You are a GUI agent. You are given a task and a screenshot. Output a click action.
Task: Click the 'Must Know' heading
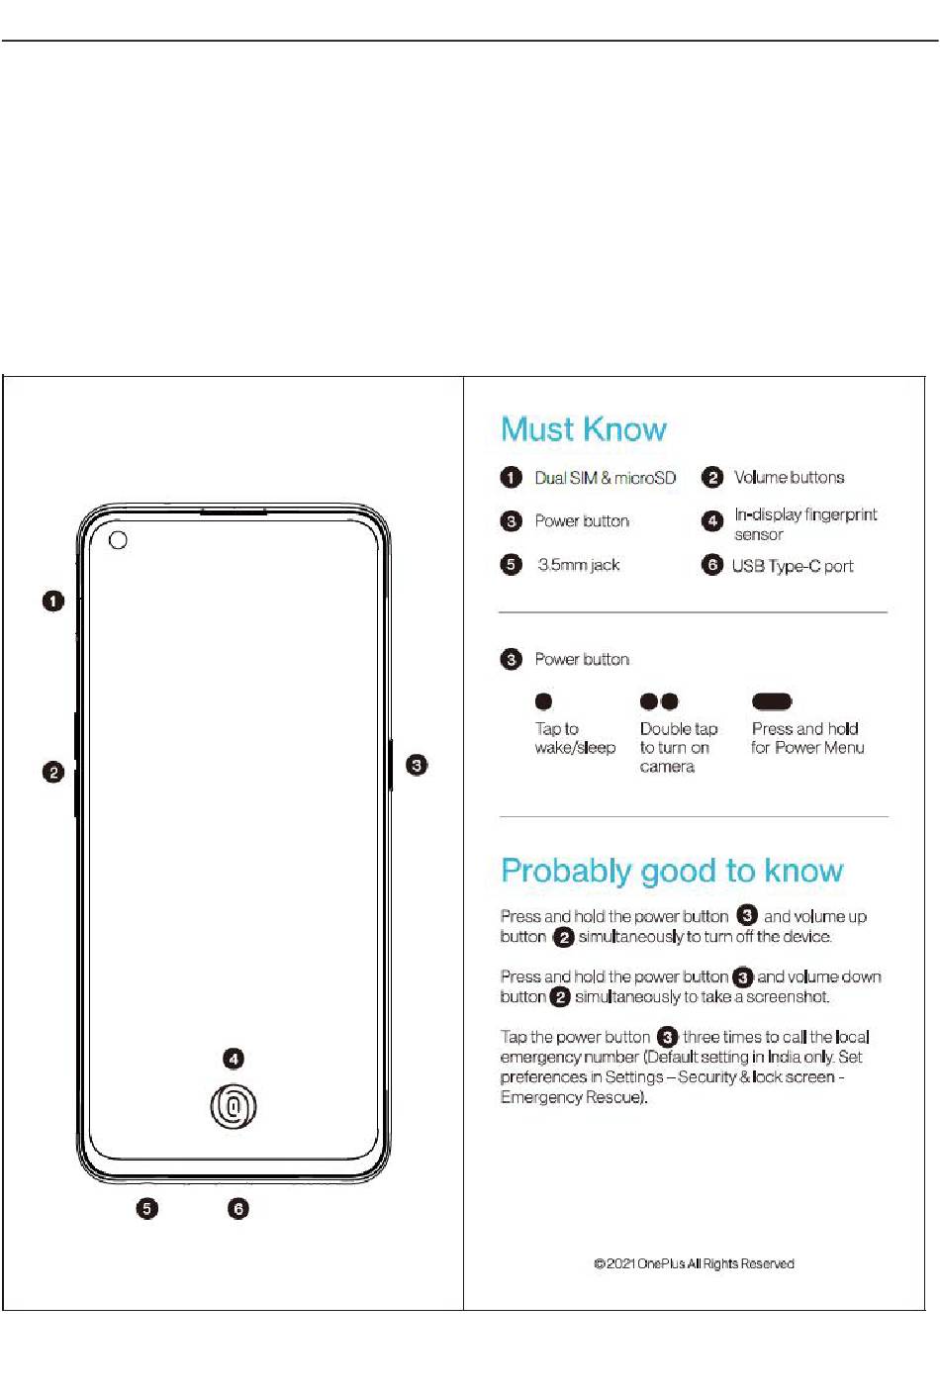tap(584, 429)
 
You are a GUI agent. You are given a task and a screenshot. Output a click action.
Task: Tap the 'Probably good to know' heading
tap(672, 871)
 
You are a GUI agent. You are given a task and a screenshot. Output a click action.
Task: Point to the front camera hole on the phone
tap(118, 540)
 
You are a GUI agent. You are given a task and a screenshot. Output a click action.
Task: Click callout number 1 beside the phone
tap(53, 601)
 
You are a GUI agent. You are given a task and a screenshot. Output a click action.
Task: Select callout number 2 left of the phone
tap(53, 772)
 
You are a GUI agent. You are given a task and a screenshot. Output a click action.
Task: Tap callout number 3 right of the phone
tap(418, 765)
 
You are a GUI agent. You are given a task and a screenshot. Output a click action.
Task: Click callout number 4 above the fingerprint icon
tap(234, 1059)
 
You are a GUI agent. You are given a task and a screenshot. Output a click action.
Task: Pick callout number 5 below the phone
tap(146, 1208)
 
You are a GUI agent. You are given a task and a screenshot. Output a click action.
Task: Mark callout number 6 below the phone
tap(238, 1208)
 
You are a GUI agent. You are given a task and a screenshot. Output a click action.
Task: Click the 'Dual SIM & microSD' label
tap(605, 478)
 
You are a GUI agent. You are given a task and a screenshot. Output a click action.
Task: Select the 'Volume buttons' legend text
tap(789, 478)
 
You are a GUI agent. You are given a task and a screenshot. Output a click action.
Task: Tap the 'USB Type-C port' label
tap(792, 566)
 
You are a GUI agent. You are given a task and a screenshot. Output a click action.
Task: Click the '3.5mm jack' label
tap(578, 565)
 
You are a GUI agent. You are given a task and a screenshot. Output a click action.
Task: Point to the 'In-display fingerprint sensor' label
tap(804, 524)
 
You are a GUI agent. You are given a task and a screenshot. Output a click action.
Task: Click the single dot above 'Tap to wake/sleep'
tap(543, 701)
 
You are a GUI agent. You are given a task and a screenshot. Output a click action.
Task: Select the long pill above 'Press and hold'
tap(772, 701)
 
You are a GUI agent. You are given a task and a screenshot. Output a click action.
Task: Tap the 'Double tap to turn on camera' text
tap(678, 747)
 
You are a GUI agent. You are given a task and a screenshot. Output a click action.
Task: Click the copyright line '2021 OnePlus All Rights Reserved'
tap(694, 1263)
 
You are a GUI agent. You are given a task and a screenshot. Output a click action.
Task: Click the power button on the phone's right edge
tap(390, 764)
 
